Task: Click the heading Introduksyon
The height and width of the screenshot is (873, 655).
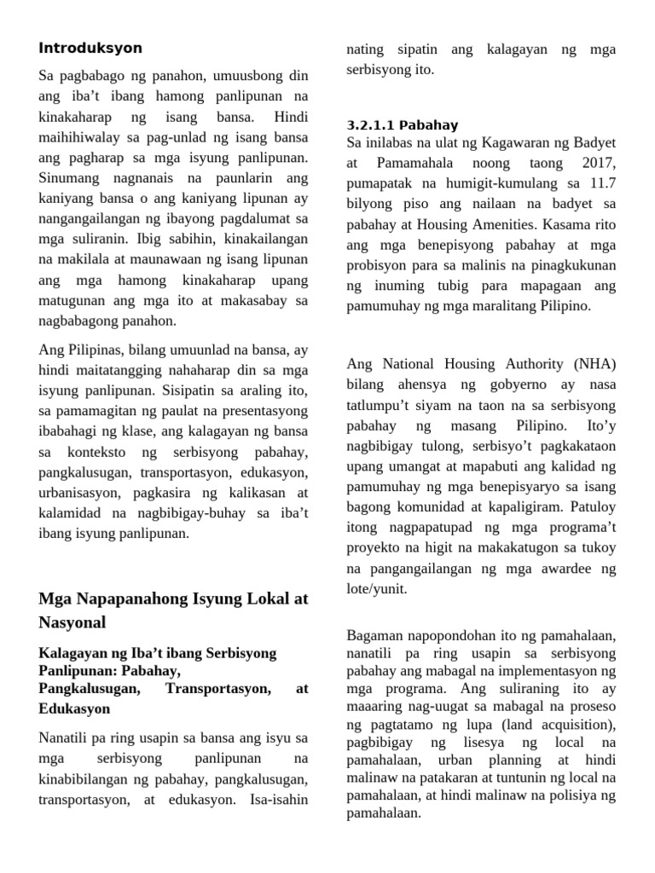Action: click(x=90, y=48)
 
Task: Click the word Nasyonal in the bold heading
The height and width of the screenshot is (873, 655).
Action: click(x=72, y=622)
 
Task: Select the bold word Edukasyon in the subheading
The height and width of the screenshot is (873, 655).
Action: click(x=74, y=708)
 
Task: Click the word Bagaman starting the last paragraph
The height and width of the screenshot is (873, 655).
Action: click(x=375, y=635)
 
